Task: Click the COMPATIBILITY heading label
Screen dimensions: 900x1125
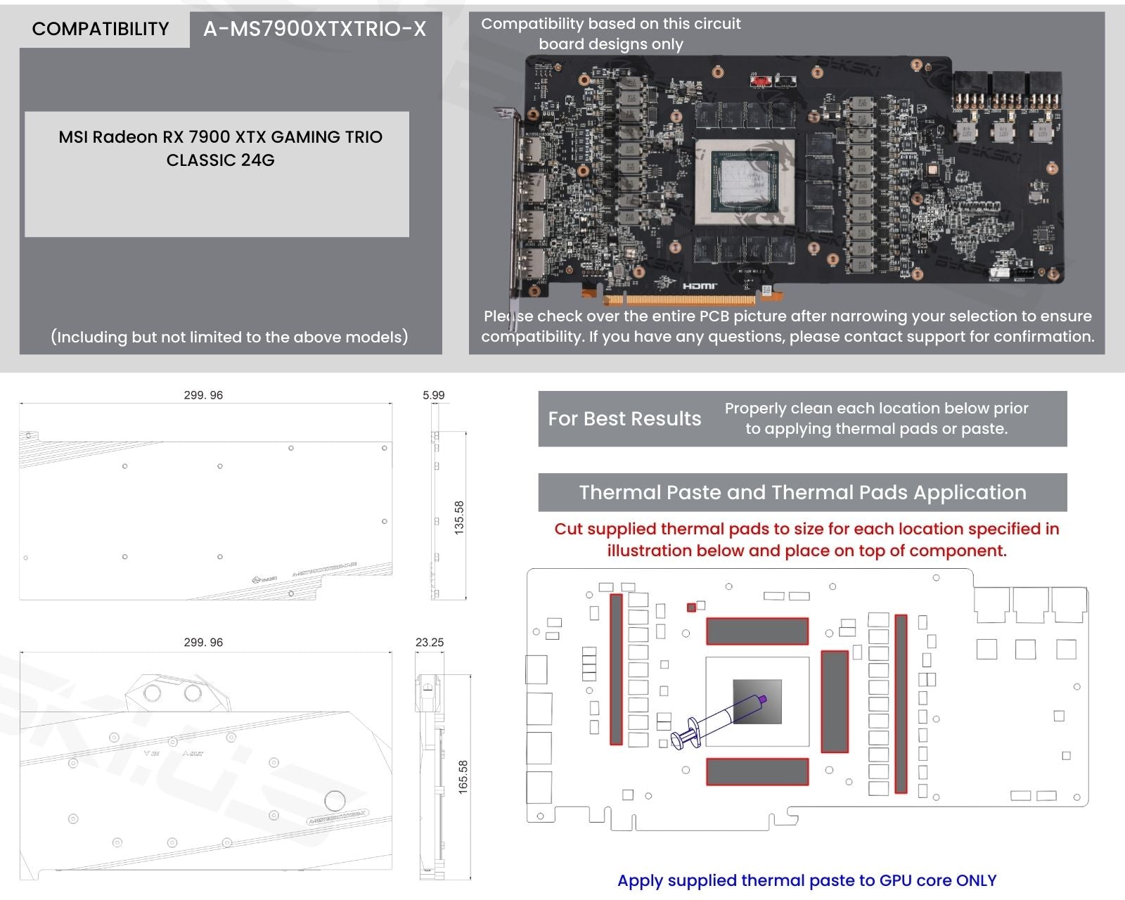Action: point(101,29)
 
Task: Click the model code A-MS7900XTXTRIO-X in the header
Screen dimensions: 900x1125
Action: point(314,29)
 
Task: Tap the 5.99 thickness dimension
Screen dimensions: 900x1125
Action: point(433,395)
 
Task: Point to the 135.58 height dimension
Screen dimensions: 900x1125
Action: point(459,517)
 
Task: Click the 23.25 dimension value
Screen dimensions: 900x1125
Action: point(429,642)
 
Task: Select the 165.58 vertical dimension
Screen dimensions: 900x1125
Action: point(463,777)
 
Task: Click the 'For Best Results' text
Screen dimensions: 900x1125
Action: point(624,419)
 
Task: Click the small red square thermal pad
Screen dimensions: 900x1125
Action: point(691,607)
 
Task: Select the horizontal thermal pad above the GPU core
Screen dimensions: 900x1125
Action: point(757,631)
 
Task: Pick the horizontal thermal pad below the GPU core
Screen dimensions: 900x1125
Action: point(757,771)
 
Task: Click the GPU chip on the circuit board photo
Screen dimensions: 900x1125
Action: point(745,181)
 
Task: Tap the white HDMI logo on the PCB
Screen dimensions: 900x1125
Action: point(699,285)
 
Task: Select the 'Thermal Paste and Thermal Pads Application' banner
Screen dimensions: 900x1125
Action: point(802,492)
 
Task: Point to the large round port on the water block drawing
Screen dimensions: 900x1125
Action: point(335,801)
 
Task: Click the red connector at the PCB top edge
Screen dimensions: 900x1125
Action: point(760,80)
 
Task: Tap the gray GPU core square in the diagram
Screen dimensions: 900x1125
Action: point(757,701)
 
